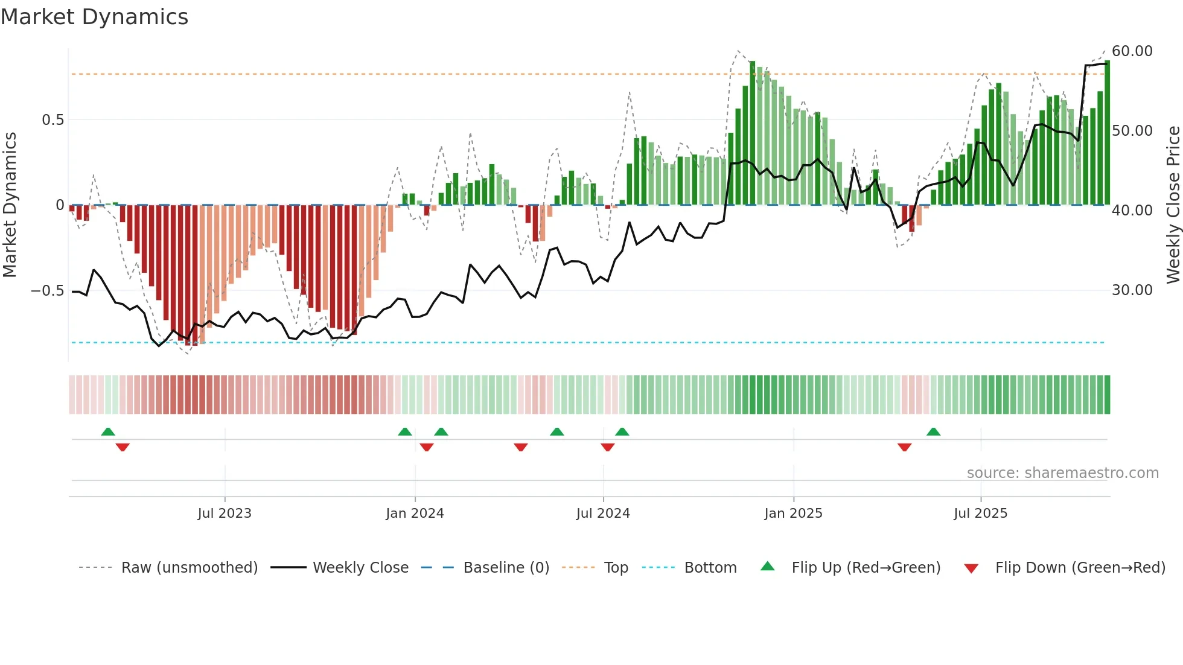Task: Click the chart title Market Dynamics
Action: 94,17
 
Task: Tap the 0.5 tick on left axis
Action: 53,120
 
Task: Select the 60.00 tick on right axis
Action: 1132,51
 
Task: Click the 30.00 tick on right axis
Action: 1132,290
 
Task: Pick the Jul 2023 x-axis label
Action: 224,514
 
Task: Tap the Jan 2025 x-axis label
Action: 792,514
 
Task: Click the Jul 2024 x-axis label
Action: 602,514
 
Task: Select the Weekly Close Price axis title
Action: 1173,205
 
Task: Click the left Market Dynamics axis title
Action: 10,205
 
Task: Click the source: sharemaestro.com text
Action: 1062,473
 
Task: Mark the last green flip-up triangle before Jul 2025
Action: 933,432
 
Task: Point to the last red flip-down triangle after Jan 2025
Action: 904,447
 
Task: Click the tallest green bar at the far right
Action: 1107,133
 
